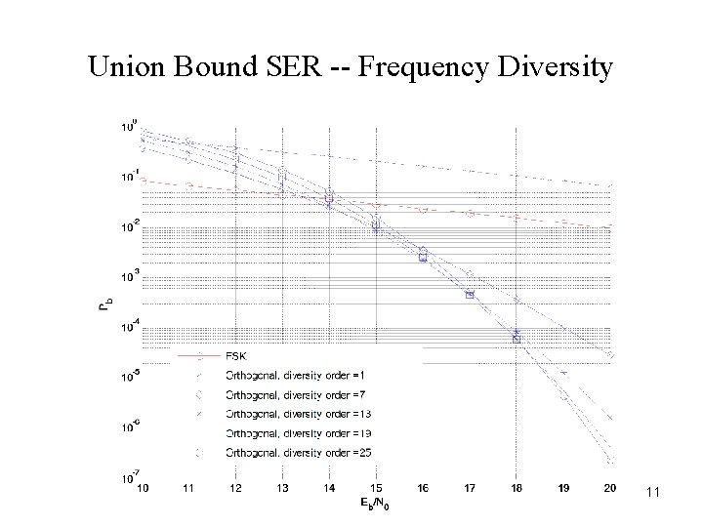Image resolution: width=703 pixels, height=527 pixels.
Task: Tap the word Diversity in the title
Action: pyautogui.click(x=558, y=66)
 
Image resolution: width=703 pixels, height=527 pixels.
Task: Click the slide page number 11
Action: pyautogui.click(x=652, y=494)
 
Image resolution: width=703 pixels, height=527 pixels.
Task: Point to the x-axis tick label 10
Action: pyautogui.click(x=143, y=487)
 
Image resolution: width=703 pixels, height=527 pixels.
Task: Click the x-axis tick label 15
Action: pyautogui.click(x=376, y=487)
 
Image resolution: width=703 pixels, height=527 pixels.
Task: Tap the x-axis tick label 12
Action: pyautogui.click(x=235, y=487)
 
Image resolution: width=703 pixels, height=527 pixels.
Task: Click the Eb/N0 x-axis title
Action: pyautogui.click(x=377, y=505)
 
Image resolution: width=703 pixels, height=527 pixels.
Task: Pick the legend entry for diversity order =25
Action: pyautogui.click(x=290, y=452)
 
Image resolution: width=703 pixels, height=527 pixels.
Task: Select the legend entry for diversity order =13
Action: pyautogui.click(x=290, y=414)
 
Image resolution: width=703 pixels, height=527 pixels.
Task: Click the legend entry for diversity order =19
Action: pyautogui.click(x=290, y=432)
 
